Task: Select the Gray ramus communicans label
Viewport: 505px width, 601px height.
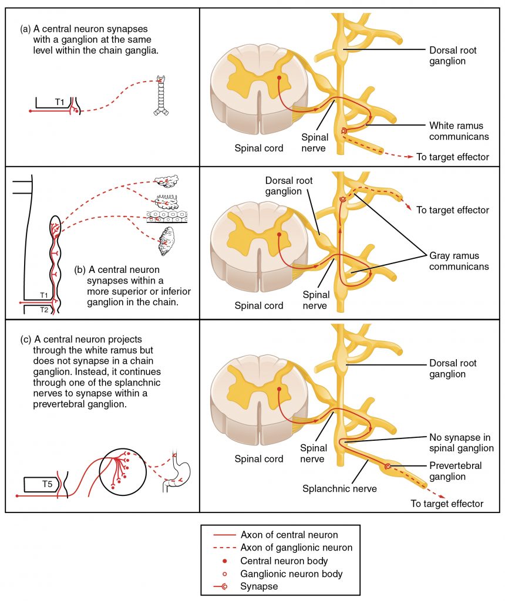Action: coord(458,261)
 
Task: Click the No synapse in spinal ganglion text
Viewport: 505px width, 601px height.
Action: coord(460,443)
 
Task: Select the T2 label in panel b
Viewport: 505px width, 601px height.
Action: coord(43,309)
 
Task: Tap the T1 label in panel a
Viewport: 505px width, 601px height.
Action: coord(60,102)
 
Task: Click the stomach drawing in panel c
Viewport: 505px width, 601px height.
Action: coord(179,472)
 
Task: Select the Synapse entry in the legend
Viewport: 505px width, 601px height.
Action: coord(259,586)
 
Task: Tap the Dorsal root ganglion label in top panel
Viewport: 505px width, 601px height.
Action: coord(452,56)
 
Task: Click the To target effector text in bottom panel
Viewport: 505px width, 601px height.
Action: coord(447,504)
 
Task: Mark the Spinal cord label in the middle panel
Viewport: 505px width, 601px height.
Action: coord(259,305)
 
